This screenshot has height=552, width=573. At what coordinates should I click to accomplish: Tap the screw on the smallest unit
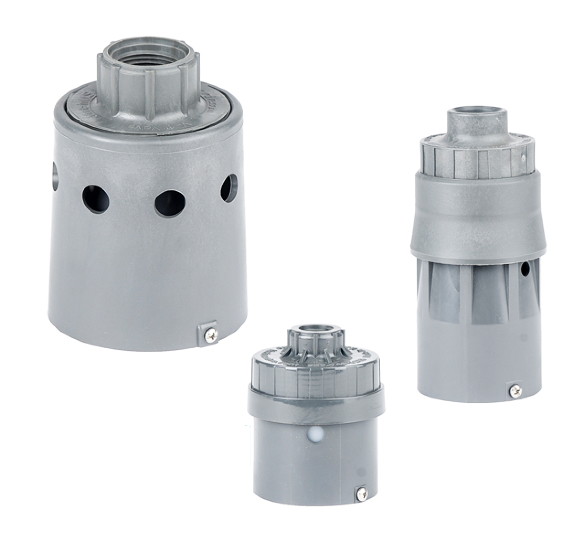point(361,493)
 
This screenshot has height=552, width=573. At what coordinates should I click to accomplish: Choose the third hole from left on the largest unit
point(169,202)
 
